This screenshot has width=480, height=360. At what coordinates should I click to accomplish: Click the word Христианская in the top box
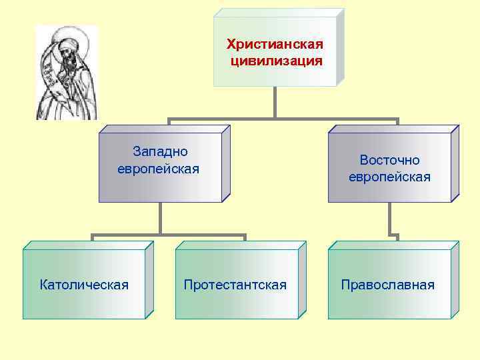(275, 45)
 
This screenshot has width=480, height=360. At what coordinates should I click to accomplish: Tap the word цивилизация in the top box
(275, 61)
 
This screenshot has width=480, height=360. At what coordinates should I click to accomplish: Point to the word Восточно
(389, 160)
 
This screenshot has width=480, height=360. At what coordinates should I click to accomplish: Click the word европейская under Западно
(159, 169)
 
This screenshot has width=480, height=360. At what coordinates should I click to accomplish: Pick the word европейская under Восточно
(389, 177)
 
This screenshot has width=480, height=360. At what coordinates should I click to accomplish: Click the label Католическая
(84, 285)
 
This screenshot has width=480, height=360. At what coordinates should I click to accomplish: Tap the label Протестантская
(235, 285)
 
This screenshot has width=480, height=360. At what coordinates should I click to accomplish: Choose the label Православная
(387, 285)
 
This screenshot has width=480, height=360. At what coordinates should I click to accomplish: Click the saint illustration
(66, 73)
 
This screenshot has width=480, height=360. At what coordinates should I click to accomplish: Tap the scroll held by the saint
(49, 67)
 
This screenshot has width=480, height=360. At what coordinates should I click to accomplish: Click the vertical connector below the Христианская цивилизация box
(275, 103)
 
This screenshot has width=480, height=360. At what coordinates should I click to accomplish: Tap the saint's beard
(65, 63)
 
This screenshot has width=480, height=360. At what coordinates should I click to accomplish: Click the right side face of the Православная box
(455, 280)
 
